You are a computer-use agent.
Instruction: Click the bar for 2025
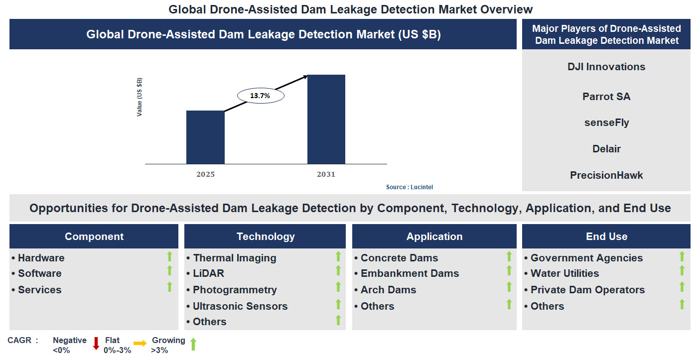[x=205, y=137]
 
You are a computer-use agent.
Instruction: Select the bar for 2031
[x=326, y=119]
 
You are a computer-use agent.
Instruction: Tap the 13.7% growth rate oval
[x=260, y=96]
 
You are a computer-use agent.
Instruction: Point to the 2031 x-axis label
[x=326, y=174]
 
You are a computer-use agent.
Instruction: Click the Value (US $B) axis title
[x=140, y=97]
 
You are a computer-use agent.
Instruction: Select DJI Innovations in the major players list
[x=606, y=67]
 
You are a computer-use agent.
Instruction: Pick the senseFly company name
[x=606, y=122]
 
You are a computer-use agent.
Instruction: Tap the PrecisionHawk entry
[x=606, y=175]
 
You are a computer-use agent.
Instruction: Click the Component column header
[x=94, y=237]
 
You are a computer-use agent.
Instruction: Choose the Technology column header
[x=266, y=237]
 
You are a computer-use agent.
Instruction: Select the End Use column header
[x=606, y=237]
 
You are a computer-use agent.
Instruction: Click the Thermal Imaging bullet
[x=234, y=258]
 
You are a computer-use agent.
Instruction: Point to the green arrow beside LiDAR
[x=338, y=270]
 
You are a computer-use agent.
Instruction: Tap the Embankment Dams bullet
[x=410, y=273]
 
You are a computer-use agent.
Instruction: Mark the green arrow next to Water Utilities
[x=682, y=270]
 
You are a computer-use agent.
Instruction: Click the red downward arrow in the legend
[x=96, y=344]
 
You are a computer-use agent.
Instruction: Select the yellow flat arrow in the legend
[x=140, y=343]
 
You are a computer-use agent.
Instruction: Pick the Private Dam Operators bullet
[x=587, y=290]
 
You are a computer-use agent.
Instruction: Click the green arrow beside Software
[x=169, y=270]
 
